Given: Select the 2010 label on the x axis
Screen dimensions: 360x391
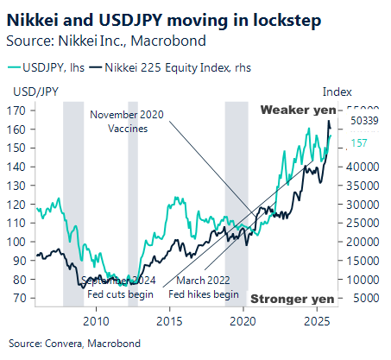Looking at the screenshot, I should click(96, 320).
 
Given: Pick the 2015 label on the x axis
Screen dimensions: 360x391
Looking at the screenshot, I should click(170, 320).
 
